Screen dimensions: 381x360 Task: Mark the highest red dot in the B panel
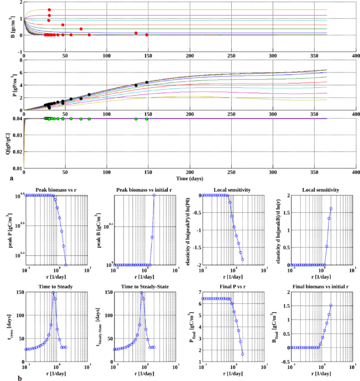click(49, 10)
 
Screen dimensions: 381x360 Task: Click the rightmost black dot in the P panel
click(147, 83)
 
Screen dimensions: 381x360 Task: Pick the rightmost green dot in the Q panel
click(147, 119)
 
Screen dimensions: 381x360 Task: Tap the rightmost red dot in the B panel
click(147, 35)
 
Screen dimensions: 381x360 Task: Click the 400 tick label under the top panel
click(356, 56)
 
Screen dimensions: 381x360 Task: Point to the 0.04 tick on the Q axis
click(17, 118)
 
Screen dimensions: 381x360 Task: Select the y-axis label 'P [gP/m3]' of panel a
click(8, 84)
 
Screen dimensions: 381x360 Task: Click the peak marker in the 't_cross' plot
click(53, 293)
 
